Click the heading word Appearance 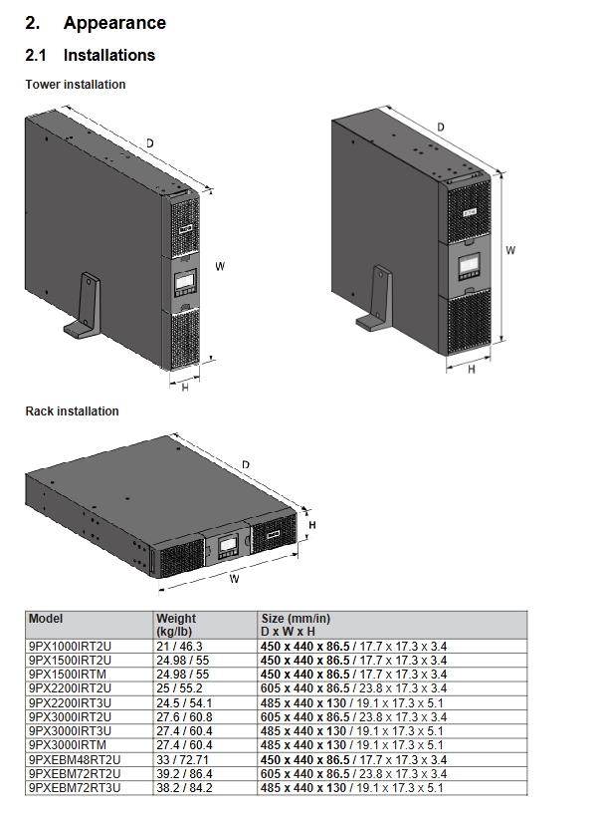pyautogui.click(x=114, y=23)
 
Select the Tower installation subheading pyautogui.click(x=76, y=85)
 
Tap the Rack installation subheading pyautogui.click(x=73, y=411)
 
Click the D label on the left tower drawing pyautogui.click(x=150, y=142)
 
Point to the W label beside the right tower pyautogui.click(x=510, y=250)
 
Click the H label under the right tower pyautogui.click(x=472, y=370)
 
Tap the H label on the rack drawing pyautogui.click(x=312, y=525)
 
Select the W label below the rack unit pyautogui.click(x=234, y=579)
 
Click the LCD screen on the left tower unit pyautogui.click(x=185, y=282)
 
